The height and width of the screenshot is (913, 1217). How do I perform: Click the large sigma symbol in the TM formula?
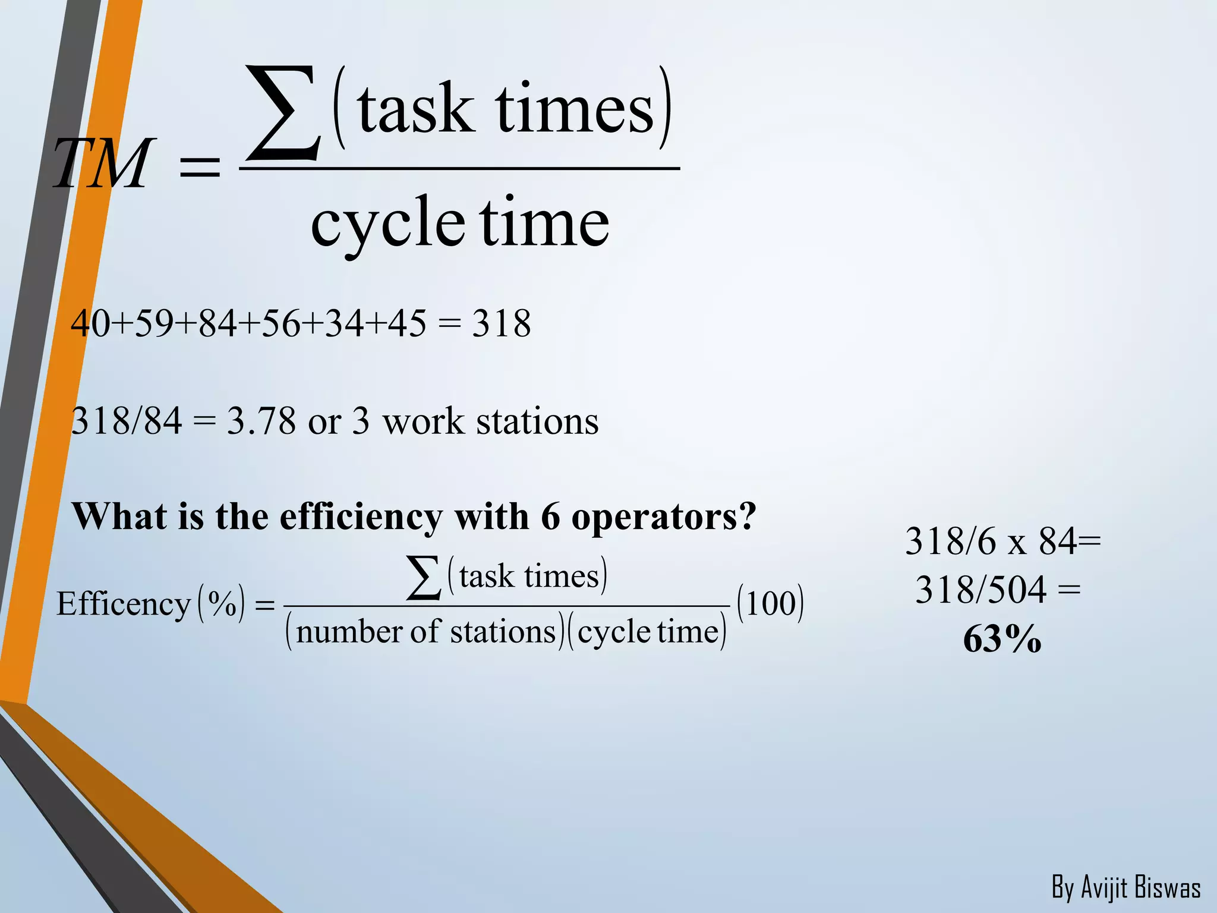284,113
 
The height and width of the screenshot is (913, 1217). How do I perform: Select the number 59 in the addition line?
154,324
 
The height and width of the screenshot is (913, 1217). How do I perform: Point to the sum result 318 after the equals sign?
501,324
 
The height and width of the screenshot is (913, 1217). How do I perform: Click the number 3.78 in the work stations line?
261,421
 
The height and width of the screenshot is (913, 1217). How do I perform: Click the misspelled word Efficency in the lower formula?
123,604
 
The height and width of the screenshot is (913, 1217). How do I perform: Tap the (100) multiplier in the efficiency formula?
770,603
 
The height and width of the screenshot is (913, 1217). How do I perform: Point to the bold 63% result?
1002,640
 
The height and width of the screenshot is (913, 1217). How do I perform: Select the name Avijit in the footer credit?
1104,888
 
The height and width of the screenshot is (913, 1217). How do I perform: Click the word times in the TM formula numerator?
575,109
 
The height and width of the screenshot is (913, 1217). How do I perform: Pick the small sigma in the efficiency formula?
424,577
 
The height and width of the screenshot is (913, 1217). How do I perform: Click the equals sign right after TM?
200,167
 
